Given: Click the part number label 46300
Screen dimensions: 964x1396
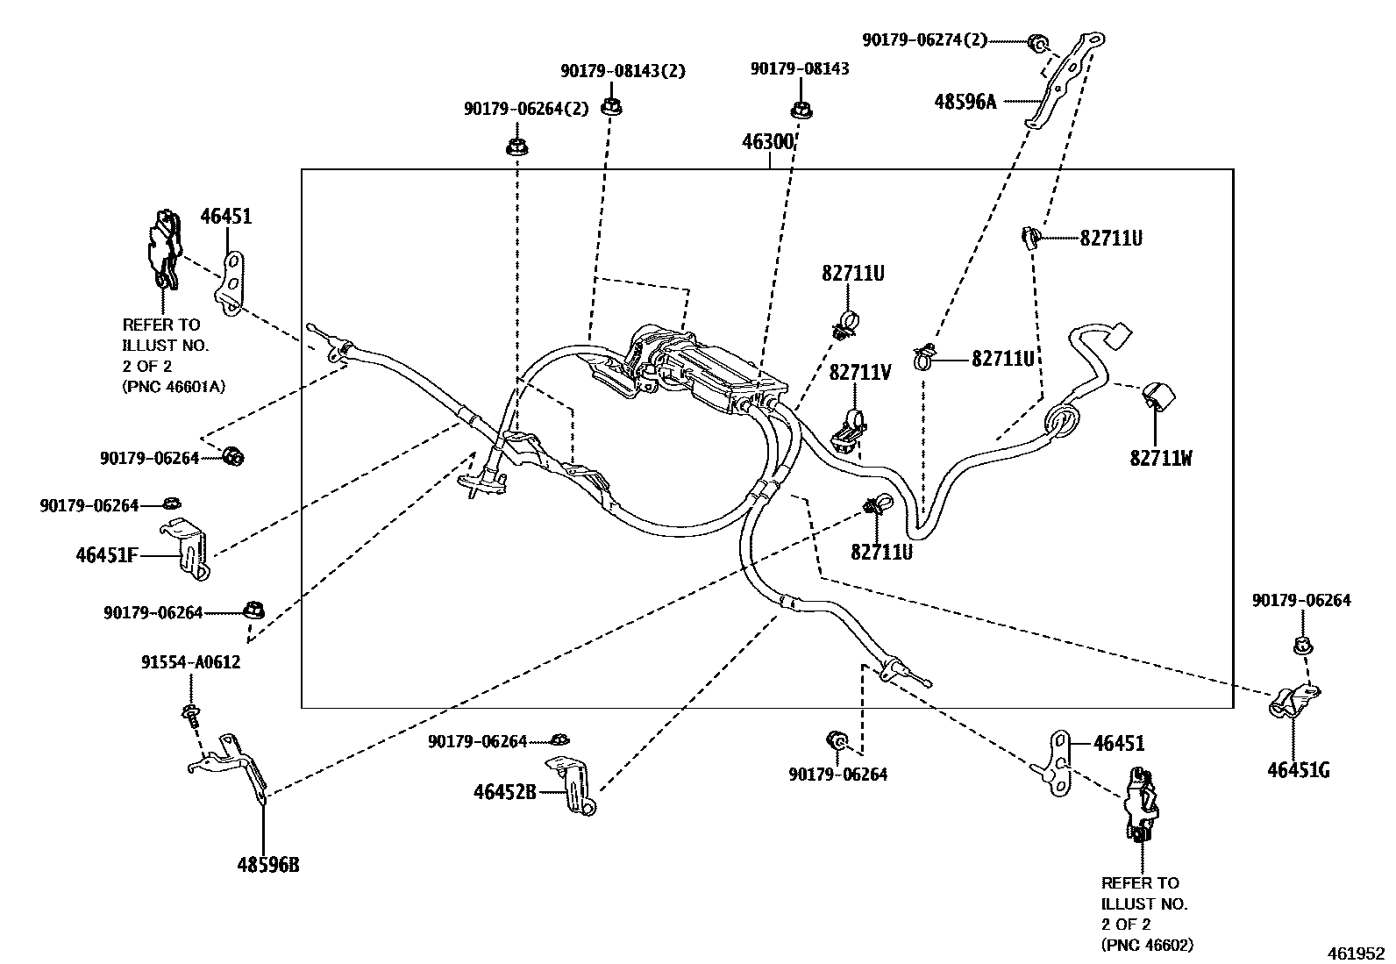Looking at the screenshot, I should click(x=768, y=142).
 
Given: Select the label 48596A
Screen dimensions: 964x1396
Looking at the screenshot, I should click(x=965, y=102).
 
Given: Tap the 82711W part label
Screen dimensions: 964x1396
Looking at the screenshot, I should click(x=1160, y=458).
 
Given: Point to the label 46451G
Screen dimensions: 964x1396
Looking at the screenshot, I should click(x=1298, y=771).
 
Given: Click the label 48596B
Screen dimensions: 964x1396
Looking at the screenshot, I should click(x=267, y=865).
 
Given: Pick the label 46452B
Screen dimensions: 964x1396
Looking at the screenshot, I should click(x=504, y=792).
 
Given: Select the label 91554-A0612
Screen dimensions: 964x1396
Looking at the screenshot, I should click(x=190, y=662).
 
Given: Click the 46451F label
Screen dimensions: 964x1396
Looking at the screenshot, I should click(x=106, y=555).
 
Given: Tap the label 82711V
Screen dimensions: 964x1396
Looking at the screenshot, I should click(x=859, y=373).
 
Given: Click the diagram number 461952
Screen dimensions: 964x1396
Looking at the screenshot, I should click(x=1356, y=953).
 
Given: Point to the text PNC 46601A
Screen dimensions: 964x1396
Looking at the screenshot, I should click(x=174, y=387).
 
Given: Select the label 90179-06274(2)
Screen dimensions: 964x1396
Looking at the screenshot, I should click(x=924, y=39).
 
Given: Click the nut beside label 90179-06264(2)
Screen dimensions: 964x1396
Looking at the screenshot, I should click(x=516, y=146).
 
